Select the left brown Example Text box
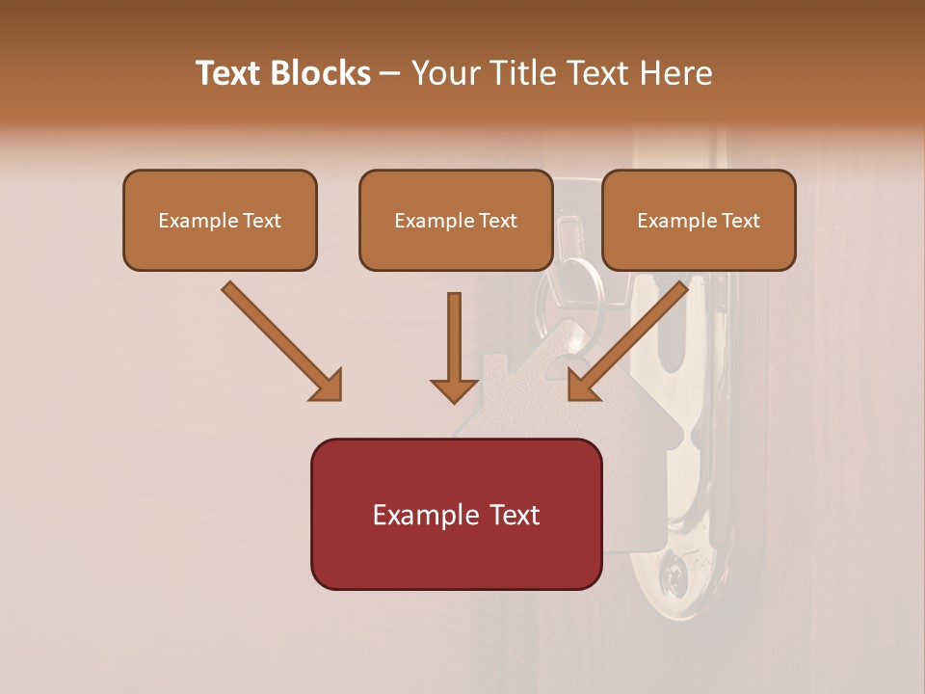click(x=220, y=220)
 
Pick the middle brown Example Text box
click(x=456, y=220)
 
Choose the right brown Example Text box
click(x=699, y=220)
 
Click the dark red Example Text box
click(x=456, y=514)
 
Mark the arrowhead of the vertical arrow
click(x=454, y=388)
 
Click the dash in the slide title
click(x=390, y=74)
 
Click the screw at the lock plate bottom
click(x=673, y=576)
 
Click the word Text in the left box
click(x=262, y=221)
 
